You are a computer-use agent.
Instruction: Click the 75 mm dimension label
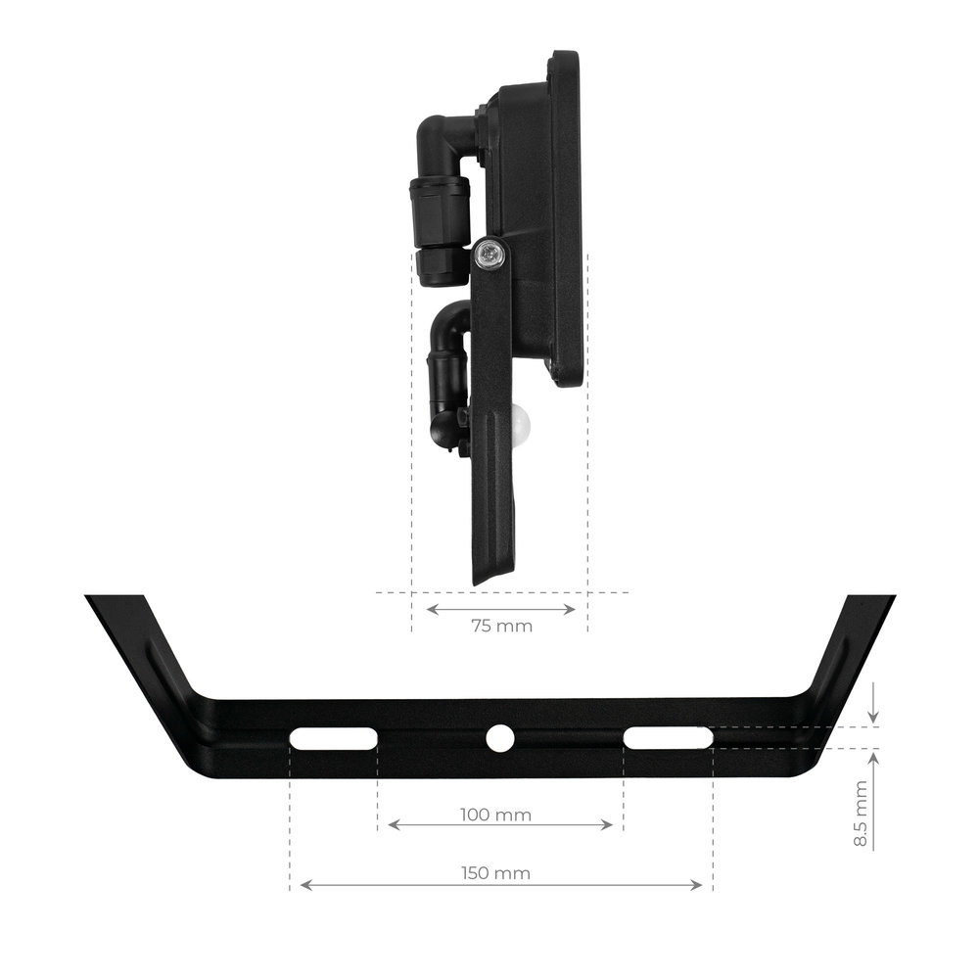click(502, 626)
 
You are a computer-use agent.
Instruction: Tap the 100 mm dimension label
click(495, 815)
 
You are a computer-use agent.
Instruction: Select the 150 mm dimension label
click(495, 873)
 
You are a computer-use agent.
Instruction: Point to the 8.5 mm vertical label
click(861, 813)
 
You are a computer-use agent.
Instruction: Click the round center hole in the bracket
click(499, 738)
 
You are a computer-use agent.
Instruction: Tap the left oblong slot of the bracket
click(334, 738)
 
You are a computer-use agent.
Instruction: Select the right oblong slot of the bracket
click(668, 738)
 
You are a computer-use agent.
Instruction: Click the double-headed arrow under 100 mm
click(500, 824)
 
